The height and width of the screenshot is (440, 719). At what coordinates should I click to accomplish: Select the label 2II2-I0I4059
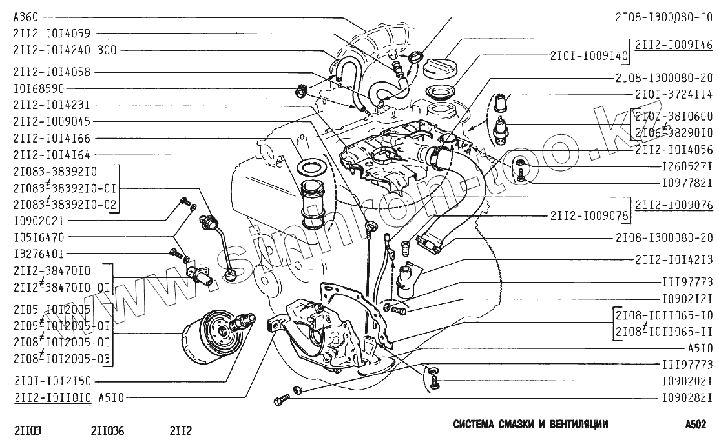[51, 34]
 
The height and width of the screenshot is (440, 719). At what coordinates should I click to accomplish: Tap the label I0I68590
[38, 88]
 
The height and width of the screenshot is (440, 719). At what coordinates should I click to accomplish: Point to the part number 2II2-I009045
[51, 121]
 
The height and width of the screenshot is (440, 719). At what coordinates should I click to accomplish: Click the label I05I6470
[38, 237]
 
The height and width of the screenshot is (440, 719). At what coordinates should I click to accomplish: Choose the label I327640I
[38, 254]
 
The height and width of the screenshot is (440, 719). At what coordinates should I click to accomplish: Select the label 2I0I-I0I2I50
[51, 381]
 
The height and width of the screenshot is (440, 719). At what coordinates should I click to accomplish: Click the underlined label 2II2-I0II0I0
[51, 398]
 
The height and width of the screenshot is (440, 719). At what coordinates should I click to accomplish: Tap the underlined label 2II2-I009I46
[674, 45]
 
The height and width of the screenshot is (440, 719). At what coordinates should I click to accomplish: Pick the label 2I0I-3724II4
[674, 95]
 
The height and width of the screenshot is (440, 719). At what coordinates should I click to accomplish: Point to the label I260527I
[686, 166]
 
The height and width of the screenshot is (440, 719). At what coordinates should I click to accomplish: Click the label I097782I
[686, 183]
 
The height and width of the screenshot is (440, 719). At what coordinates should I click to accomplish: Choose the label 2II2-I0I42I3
[674, 259]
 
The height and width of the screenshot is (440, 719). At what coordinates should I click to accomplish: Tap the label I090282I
[686, 398]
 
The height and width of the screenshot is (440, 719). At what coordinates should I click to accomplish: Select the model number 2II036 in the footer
[108, 429]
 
